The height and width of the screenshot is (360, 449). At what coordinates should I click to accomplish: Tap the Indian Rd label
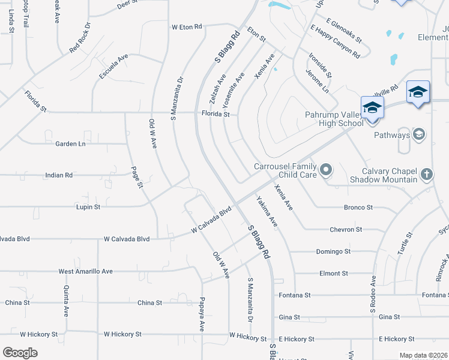[59, 175]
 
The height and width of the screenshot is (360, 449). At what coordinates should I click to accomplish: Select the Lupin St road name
[88, 206]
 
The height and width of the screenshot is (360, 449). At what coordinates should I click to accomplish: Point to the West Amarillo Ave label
[85, 271]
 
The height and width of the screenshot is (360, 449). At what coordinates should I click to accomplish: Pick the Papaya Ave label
[202, 314]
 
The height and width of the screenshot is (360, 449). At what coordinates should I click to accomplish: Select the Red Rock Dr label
[79, 38]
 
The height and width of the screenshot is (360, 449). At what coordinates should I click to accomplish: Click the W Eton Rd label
[187, 27]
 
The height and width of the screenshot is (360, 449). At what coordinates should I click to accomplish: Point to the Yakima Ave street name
[267, 211]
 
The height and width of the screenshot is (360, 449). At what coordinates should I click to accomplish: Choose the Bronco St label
[358, 208]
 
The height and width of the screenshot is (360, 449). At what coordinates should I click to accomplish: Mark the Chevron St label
[346, 230]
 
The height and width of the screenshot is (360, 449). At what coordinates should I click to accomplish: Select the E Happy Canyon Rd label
[335, 42]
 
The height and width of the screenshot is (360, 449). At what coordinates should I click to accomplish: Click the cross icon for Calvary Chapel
[426, 175]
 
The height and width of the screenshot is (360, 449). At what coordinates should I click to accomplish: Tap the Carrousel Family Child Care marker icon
[326, 170]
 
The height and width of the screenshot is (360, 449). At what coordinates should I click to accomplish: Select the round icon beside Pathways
[419, 134]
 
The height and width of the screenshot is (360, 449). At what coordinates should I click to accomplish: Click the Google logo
[20, 353]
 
